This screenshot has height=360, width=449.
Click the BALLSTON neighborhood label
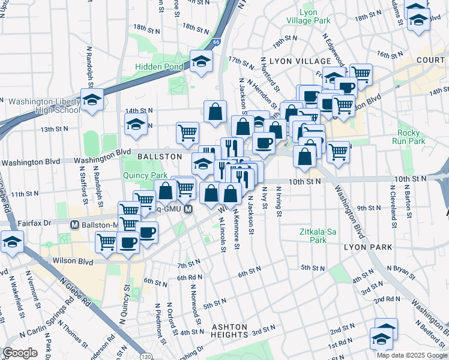click(x=159, y=156)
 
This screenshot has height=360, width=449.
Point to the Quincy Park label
click(x=145, y=175)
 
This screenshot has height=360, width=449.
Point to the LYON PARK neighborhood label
click(x=368, y=247)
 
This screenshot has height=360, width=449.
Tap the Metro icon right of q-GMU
click(x=188, y=209)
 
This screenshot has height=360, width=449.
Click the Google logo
click(x=20, y=353)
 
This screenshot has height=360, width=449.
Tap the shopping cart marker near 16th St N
click(x=361, y=74)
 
